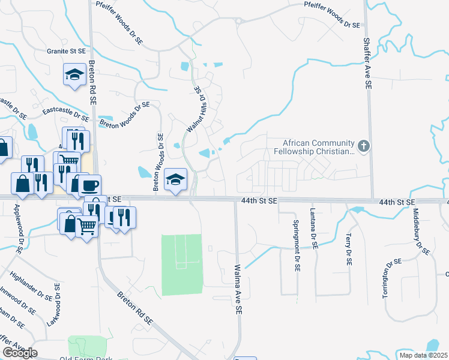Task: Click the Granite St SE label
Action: tap(65, 52)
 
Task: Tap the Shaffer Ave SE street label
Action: tap(367, 64)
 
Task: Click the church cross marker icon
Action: tap(363, 146)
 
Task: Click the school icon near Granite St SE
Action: tap(74, 74)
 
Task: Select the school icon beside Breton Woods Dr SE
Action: tap(175, 179)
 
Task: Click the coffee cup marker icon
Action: tap(90, 184)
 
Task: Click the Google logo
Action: tap(20, 352)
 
